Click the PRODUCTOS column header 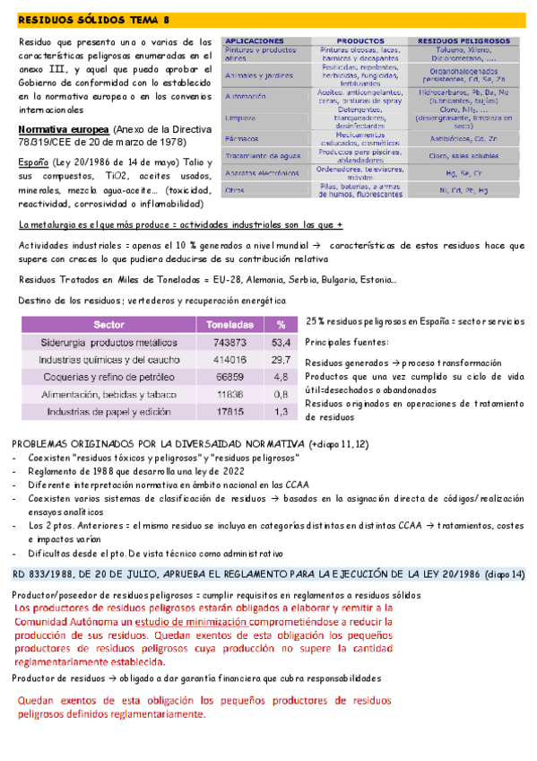(359, 41)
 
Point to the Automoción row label (247, 95)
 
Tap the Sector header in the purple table (108, 325)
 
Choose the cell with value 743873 (231, 343)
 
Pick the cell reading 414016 (231, 359)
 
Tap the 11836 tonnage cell (231, 394)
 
